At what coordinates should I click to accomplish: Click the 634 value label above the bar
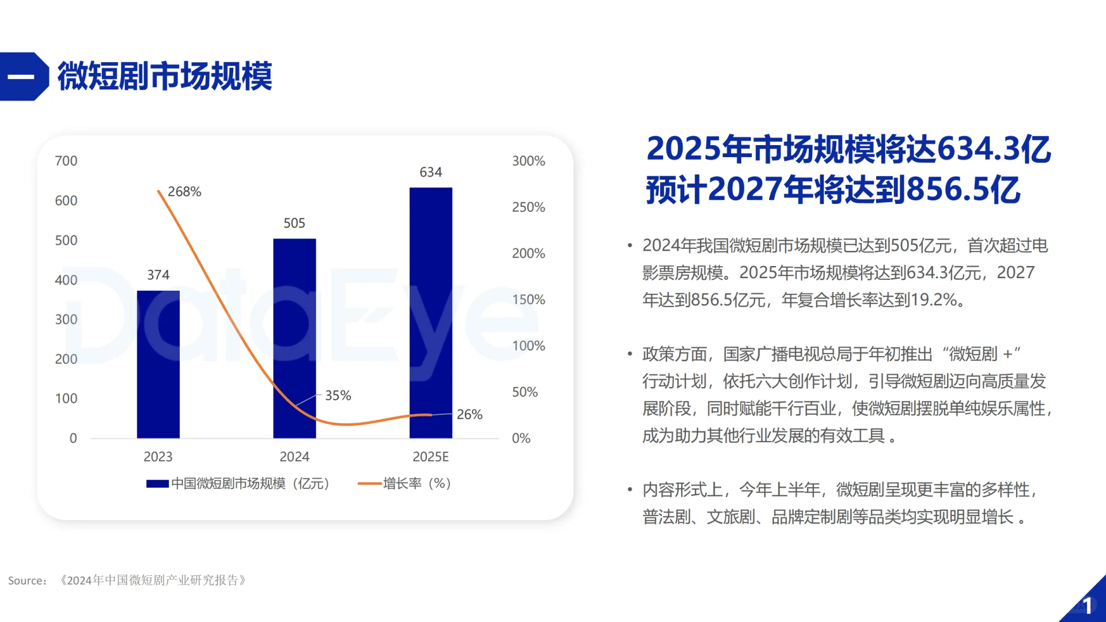click(430, 172)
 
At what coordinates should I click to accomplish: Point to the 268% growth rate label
click(184, 192)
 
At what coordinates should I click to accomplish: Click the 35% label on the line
click(338, 396)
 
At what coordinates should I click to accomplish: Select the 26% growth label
click(469, 415)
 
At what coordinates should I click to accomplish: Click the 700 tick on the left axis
click(66, 161)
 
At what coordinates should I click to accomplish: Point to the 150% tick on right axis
click(528, 300)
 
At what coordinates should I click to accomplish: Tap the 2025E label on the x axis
click(430, 457)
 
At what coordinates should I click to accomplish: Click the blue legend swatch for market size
click(157, 484)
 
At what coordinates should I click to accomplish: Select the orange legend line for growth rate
click(369, 484)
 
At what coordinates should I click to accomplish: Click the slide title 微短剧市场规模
click(165, 77)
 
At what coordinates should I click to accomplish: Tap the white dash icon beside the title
click(21, 77)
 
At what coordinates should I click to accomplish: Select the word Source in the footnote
click(26, 581)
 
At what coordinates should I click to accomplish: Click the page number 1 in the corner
click(1087, 606)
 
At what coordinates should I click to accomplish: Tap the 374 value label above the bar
click(158, 275)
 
